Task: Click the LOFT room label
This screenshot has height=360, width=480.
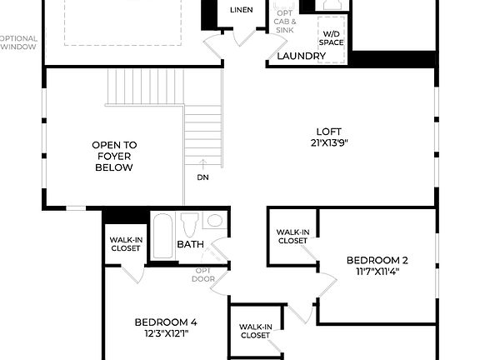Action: point(328,131)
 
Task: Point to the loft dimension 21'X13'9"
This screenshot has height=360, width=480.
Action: point(328,142)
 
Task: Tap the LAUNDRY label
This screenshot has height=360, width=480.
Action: point(301,56)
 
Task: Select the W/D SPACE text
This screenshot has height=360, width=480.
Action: point(330,37)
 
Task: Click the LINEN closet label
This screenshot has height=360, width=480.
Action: point(242,9)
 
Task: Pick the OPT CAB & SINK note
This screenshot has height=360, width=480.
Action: point(284,22)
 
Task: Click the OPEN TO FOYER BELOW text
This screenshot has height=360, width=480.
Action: point(114,156)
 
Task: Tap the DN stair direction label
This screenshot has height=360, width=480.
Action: point(203,177)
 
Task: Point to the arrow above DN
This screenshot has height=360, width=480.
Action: point(203,165)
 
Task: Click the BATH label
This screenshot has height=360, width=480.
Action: point(190,244)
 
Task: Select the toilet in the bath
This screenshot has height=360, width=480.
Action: point(189,225)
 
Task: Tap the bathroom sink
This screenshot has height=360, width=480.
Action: point(214,221)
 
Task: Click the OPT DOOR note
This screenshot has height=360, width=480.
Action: point(203,274)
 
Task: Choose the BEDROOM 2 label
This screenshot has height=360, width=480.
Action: point(377,260)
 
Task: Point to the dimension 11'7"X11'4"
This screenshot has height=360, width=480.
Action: point(377,271)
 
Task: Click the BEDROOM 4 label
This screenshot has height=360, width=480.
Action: point(166,322)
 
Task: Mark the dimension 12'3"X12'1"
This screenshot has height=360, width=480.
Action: point(166,333)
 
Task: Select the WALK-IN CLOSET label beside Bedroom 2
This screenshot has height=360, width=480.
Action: point(292,236)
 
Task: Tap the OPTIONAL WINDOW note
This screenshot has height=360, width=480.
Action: point(18,42)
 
